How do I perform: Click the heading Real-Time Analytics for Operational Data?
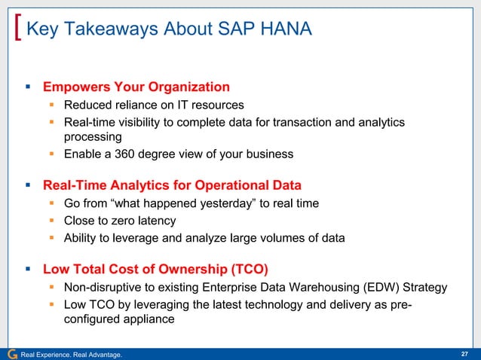click(x=172, y=185)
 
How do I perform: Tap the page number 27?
click(x=464, y=354)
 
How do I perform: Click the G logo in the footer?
click(x=11, y=354)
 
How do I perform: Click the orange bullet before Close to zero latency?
click(x=53, y=221)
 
